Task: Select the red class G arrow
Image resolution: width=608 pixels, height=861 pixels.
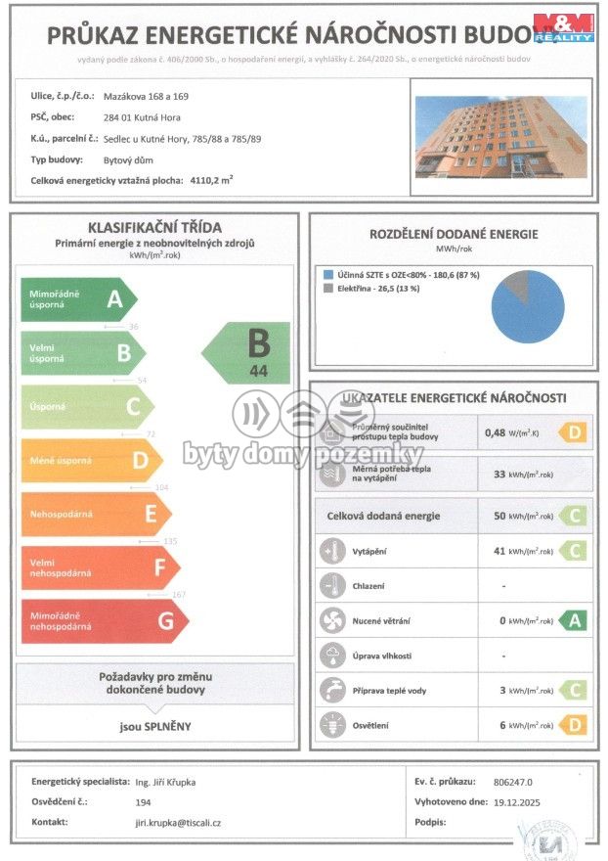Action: click(x=103, y=621)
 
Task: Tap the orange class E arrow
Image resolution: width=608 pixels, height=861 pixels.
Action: click(x=96, y=514)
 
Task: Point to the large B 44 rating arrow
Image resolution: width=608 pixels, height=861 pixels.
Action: click(x=248, y=352)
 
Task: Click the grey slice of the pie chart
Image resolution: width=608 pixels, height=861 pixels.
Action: click(x=514, y=287)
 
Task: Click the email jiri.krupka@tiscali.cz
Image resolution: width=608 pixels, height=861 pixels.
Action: click(x=177, y=823)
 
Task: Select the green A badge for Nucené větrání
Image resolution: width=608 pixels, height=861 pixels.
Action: click(x=573, y=620)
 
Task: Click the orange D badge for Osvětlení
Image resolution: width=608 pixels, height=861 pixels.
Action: click(x=573, y=725)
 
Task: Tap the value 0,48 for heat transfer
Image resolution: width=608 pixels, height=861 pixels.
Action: click(x=497, y=431)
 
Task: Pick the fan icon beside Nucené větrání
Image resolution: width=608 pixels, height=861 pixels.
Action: click(x=331, y=620)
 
